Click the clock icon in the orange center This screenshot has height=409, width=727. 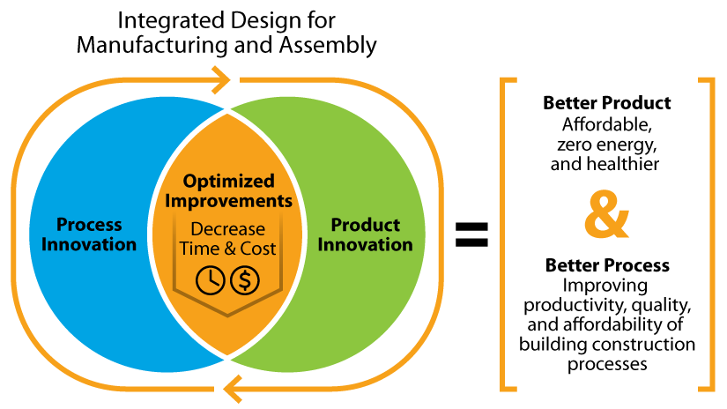coord(211,280)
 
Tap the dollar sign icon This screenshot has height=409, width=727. coord(245,280)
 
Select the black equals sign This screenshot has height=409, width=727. coord(471,234)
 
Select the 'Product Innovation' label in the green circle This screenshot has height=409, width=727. coord(364,234)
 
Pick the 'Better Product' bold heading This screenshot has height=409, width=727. coord(606,103)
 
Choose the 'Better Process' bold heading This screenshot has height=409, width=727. coord(606,265)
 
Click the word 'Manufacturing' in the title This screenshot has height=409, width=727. coord(135,44)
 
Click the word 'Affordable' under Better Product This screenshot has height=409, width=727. coord(604,123)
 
